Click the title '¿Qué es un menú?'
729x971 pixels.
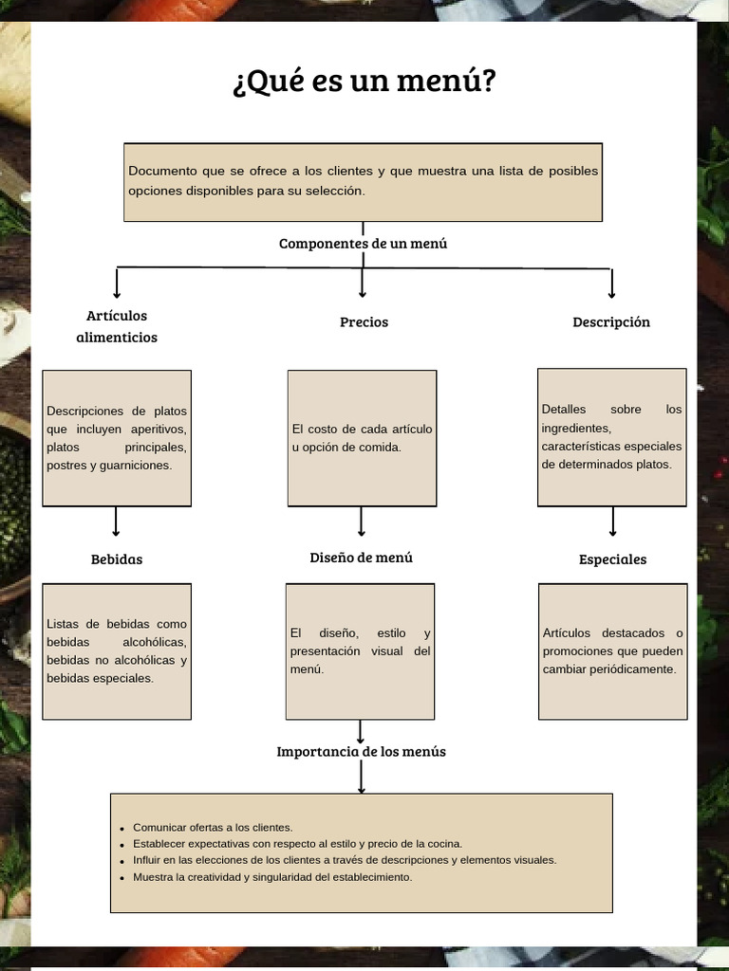(x=364, y=82)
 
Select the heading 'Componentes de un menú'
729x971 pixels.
(x=363, y=244)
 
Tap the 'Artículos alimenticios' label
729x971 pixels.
(x=117, y=326)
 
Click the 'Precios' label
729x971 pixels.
(x=364, y=322)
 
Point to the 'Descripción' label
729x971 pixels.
(x=611, y=322)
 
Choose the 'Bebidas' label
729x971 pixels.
(x=117, y=559)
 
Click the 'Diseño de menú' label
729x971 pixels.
(x=361, y=558)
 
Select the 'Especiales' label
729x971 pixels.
(x=612, y=559)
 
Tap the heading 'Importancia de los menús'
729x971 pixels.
(x=361, y=752)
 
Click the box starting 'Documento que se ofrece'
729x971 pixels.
(x=363, y=182)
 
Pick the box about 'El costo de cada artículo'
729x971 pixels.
(x=362, y=438)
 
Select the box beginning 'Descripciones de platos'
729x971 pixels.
(x=117, y=438)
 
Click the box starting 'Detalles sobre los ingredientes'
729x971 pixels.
(x=611, y=437)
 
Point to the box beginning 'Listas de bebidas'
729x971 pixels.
(x=117, y=650)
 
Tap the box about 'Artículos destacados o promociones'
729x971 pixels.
(x=612, y=650)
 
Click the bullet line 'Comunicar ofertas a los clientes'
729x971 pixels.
(x=213, y=827)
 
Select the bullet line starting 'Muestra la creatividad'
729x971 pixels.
(x=272, y=877)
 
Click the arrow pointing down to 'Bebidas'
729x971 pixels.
(x=116, y=522)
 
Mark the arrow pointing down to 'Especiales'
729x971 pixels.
(x=612, y=522)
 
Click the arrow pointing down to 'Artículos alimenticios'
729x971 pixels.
(x=117, y=284)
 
